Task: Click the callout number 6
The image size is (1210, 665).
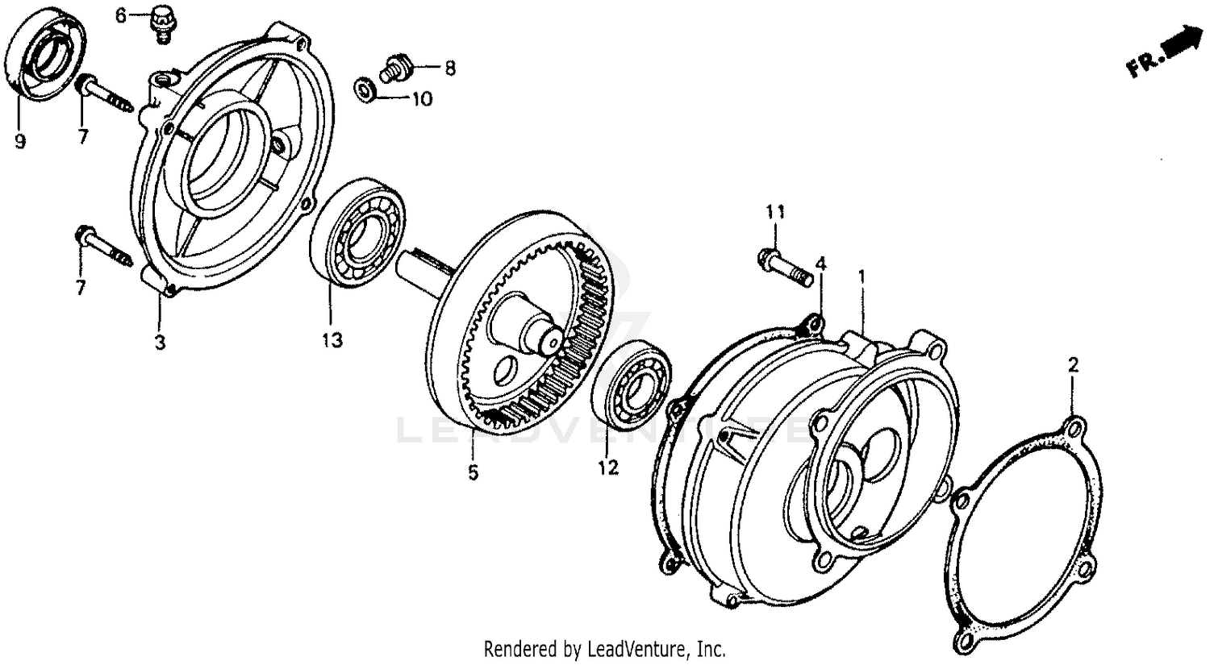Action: [120, 15]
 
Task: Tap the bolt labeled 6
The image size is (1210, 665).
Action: [161, 23]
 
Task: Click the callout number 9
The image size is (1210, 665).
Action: [20, 141]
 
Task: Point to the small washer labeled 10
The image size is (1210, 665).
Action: [366, 90]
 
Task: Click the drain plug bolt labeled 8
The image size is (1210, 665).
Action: [396, 68]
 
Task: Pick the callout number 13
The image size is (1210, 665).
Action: [332, 341]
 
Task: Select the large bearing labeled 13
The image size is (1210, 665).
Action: [357, 232]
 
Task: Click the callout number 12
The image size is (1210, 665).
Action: [608, 468]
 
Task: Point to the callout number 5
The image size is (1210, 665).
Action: [474, 473]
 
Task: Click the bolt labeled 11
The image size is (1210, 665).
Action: [786, 268]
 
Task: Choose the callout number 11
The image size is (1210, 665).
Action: [775, 212]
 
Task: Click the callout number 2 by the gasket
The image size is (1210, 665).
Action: [1073, 365]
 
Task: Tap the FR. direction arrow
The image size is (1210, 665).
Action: [1166, 52]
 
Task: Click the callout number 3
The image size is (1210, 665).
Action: [160, 343]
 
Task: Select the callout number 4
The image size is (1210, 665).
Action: [820, 264]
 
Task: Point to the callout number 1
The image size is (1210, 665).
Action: [862, 277]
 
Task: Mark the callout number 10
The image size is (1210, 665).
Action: [423, 99]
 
